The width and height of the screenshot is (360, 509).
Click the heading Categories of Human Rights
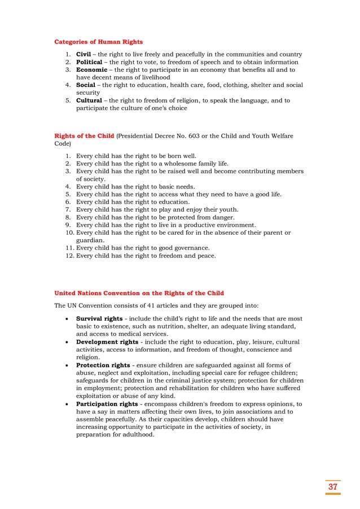[x=98, y=42]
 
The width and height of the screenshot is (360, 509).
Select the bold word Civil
[x=84, y=54]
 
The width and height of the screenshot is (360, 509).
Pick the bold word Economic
[x=91, y=70]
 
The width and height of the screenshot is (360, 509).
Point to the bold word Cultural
[x=90, y=100]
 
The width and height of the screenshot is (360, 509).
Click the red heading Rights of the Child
[x=84, y=136]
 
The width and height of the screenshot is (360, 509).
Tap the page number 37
[x=332, y=487]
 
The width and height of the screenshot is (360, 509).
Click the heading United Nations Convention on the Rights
[x=139, y=293]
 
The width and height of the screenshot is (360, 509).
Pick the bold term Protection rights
[x=102, y=365]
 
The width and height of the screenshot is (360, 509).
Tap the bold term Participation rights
[x=107, y=404]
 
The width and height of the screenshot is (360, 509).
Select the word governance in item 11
[x=191, y=248]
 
